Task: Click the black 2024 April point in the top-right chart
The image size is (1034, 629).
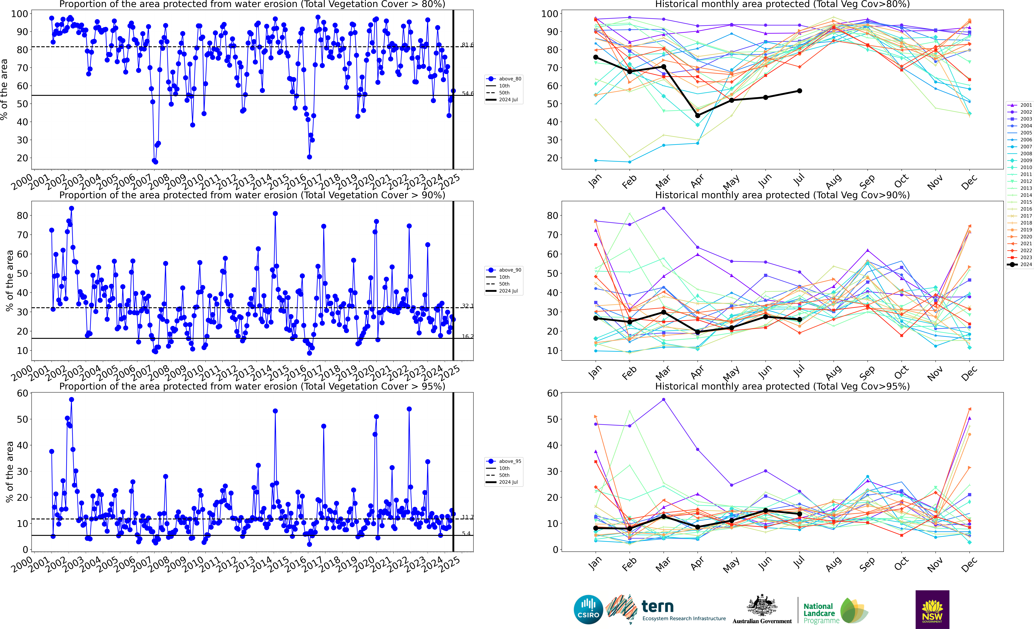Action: [x=697, y=115]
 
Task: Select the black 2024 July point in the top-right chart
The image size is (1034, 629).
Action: [x=799, y=91]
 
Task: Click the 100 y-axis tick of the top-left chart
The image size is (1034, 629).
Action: [x=19, y=14]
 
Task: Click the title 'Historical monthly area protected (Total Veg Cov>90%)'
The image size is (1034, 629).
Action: [x=782, y=195]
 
